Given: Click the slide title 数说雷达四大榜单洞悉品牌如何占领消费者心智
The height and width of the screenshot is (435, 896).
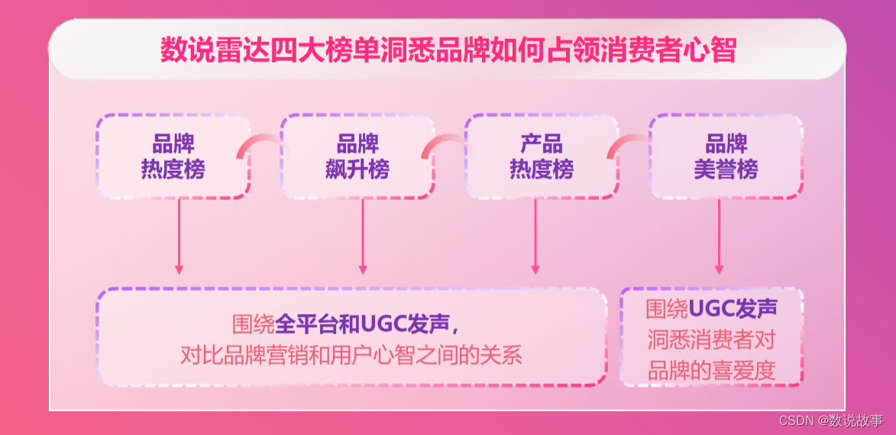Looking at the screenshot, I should tap(448, 50).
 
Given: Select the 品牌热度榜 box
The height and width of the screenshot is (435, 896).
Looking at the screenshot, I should tap(173, 156).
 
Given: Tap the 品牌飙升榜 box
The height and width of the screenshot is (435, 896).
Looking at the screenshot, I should tap(357, 156).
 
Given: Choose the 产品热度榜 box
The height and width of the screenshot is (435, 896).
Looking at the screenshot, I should tap(542, 156).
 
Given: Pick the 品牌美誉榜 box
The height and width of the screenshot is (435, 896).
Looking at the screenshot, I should tap(726, 156).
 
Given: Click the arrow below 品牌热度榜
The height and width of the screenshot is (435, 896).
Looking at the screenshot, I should tap(179, 237).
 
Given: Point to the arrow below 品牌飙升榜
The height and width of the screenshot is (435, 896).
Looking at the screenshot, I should tap(363, 237).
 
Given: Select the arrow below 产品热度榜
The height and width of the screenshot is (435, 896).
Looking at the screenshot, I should tap(535, 237).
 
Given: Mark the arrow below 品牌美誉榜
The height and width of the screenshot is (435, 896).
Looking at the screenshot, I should tap(719, 237).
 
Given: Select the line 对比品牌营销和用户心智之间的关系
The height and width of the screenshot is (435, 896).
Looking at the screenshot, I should tap(351, 355).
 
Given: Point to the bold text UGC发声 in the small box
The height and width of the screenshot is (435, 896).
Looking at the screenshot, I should tap(733, 308).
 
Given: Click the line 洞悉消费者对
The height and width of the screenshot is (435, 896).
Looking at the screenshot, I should tap(712, 339).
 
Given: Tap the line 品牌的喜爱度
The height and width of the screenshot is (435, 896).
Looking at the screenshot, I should tap(712, 370).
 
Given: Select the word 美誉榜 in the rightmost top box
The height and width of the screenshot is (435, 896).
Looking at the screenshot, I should tap(726, 169).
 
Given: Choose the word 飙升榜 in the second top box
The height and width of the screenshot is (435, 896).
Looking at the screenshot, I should tap(357, 169).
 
